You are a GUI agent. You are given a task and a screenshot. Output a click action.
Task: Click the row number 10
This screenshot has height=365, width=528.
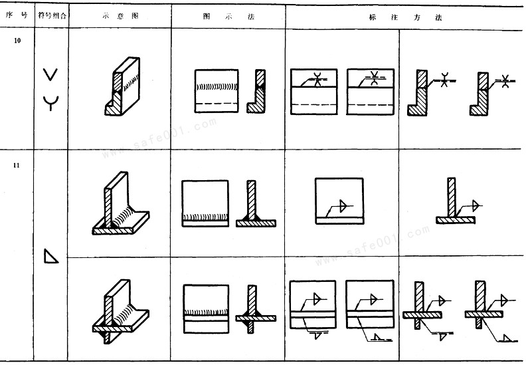(17, 41)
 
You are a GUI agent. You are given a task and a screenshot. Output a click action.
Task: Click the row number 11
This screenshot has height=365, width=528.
(17, 165)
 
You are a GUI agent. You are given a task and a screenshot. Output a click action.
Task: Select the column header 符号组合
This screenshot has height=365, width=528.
(52, 15)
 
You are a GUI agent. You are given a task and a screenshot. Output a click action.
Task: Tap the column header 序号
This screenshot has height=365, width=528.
(17, 15)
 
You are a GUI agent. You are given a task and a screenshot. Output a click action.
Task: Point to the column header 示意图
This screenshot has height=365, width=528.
(120, 16)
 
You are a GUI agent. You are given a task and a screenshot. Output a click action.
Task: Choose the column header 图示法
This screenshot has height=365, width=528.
(228, 17)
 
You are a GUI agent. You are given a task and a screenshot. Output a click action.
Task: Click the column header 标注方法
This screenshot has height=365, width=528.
(405, 17)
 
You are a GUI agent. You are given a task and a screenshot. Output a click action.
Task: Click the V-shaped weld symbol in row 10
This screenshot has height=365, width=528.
(50, 74)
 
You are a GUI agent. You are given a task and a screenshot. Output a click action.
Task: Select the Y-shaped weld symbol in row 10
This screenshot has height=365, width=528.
(50, 103)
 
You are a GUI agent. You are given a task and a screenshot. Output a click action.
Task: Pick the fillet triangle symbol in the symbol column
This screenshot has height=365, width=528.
(51, 256)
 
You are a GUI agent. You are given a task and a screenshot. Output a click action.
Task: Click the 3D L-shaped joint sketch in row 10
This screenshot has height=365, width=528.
(122, 86)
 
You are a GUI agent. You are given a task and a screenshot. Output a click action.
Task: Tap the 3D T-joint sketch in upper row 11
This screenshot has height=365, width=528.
(121, 203)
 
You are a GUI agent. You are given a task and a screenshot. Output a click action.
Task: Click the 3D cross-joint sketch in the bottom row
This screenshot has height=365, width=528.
(121, 311)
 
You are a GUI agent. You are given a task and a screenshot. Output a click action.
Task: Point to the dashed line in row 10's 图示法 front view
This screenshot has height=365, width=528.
(217, 103)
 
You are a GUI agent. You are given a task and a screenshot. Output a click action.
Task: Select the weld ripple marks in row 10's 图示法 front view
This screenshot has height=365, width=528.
(217, 87)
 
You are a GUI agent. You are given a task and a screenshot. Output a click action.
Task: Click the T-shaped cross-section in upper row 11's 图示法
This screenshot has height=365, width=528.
(256, 203)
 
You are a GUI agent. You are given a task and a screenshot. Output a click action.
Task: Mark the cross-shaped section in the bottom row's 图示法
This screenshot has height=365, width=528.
(256, 309)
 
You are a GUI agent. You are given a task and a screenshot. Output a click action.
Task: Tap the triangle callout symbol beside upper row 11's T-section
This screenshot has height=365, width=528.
(476, 205)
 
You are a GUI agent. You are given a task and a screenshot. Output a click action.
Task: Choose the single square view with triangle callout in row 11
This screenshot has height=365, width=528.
(339, 201)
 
